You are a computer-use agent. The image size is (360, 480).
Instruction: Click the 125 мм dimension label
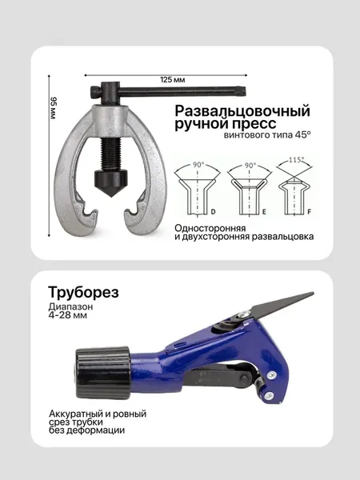[x=172, y=80]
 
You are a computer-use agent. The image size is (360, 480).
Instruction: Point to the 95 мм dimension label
[x=54, y=108]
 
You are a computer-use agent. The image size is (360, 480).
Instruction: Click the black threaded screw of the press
[x=110, y=154]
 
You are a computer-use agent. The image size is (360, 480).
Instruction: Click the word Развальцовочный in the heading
[x=242, y=111]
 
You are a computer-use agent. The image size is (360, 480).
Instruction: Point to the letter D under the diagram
[x=214, y=211]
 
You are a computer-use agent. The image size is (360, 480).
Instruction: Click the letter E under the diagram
[x=264, y=212]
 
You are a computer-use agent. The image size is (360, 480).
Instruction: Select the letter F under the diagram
[x=309, y=212]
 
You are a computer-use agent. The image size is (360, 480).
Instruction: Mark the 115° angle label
[x=296, y=160]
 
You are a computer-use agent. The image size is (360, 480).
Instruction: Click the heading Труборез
[x=83, y=292]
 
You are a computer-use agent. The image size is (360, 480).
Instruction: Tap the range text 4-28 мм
[x=68, y=315]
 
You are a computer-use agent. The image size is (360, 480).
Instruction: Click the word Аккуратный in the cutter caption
[x=76, y=414]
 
